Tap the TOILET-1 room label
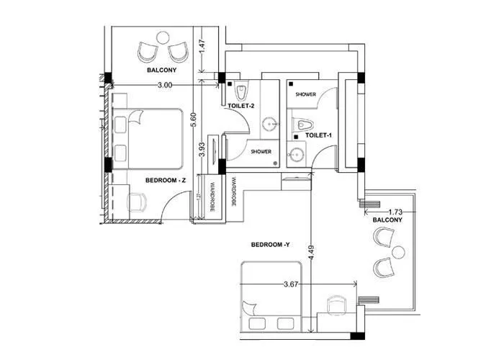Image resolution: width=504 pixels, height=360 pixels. click(318, 135)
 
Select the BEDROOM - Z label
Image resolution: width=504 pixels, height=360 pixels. click(166, 180)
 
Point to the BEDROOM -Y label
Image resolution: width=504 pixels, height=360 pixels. click(270, 245)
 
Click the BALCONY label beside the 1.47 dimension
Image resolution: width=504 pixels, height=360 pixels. click(162, 71)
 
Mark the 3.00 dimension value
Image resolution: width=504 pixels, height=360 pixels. click(164, 85)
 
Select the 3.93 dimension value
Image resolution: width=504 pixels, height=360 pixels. click(202, 149)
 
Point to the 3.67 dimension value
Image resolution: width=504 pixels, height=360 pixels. click(290, 285)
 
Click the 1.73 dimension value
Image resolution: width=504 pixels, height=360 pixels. click(394, 212)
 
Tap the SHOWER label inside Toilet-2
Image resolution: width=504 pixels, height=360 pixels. click(261, 152)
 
